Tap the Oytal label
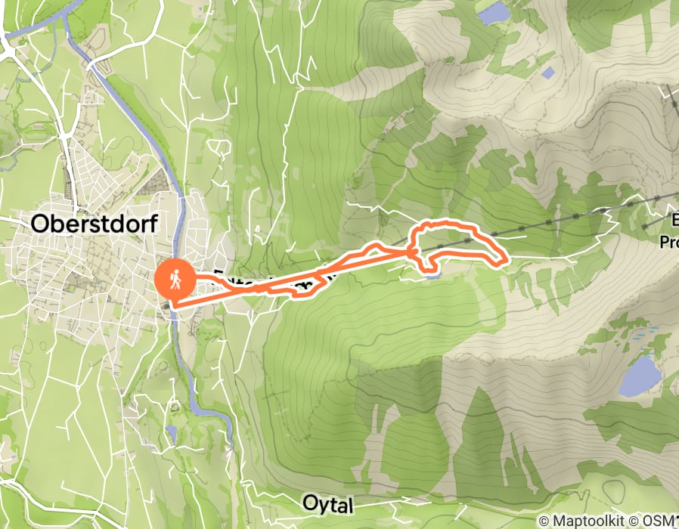(327, 503)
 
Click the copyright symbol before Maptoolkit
(544, 521)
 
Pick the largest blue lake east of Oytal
(640, 376)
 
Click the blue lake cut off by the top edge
(493, 12)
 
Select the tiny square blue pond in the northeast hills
(547, 73)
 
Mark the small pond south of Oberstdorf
(173, 433)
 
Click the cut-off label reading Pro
(668, 243)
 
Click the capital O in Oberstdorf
(40, 223)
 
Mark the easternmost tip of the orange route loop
(504, 261)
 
